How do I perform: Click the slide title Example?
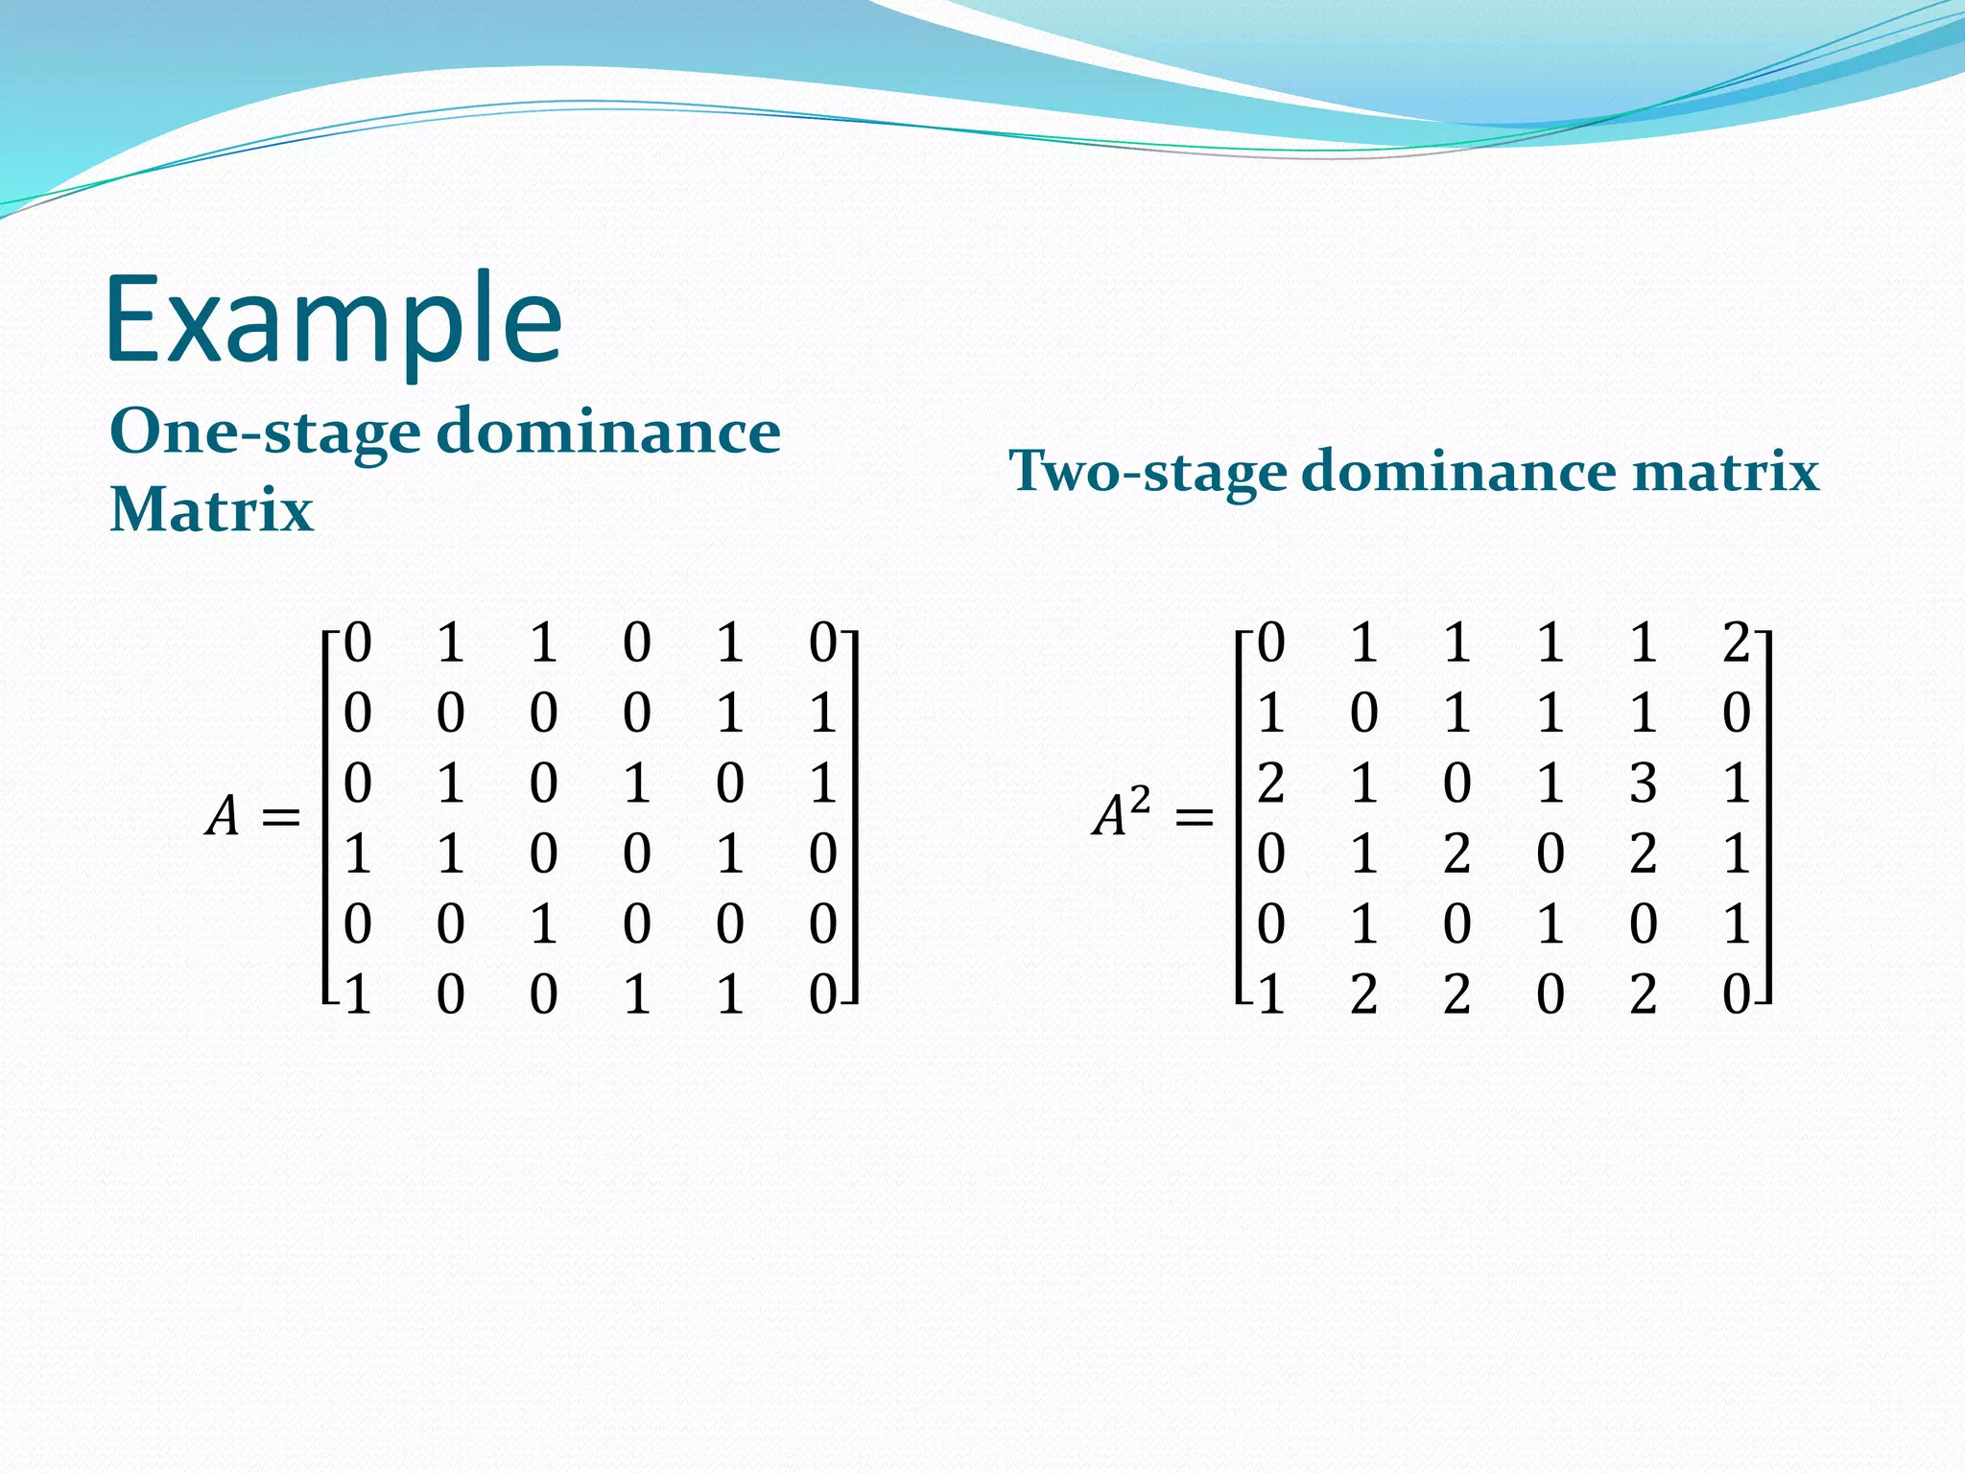coord(333,321)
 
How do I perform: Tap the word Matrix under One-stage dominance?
coord(211,509)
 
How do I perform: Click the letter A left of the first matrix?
coord(223,817)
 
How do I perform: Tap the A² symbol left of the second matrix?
coord(1121,815)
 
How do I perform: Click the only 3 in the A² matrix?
coord(1643,783)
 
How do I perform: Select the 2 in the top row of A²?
coord(1736,643)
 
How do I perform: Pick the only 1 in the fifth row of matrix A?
coord(543,924)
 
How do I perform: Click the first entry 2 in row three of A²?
coord(1270,783)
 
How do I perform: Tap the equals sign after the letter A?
coord(280,818)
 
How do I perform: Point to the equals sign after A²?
coord(1194,818)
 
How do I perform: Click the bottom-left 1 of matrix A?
coord(357,994)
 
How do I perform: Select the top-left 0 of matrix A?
coord(357,643)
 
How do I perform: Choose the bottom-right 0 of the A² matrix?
coord(1736,994)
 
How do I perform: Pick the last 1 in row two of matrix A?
coord(822,713)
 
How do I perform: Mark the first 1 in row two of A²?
coord(1270,713)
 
